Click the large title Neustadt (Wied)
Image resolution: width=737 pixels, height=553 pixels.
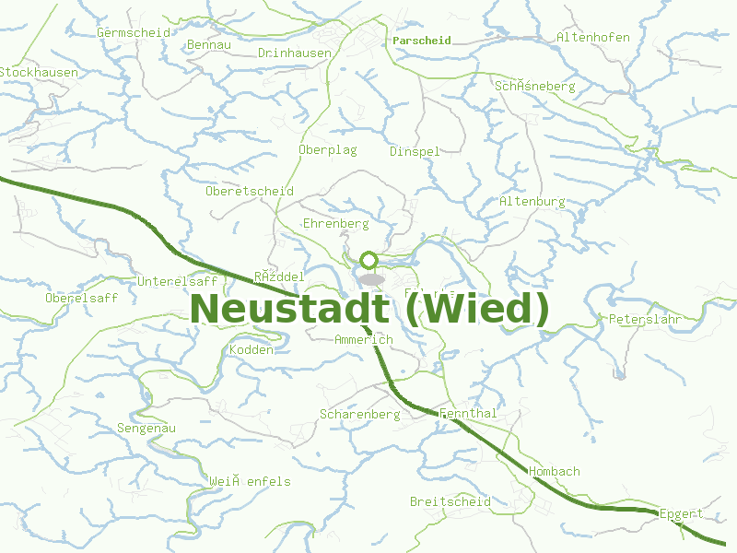(368, 309)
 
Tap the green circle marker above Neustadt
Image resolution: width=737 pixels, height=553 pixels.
(368, 261)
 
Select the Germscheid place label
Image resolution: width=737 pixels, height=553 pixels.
(134, 32)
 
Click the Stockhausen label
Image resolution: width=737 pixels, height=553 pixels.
(39, 72)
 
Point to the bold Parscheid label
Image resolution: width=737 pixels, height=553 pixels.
(421, 41)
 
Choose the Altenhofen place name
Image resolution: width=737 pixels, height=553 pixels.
(593, 38)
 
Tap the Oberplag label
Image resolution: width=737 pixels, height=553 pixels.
(327, 149)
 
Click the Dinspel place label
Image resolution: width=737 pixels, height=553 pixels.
(415, 151)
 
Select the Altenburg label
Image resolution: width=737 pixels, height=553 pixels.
(532, 201)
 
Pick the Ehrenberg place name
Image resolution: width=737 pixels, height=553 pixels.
(335, 224)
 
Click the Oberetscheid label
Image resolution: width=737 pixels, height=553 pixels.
(250, 192)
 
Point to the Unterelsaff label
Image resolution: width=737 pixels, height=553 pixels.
(177, 281)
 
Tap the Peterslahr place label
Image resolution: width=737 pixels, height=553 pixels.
(645, 320)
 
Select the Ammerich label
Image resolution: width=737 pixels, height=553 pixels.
(363, 340)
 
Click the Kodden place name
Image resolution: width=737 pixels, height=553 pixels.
(251, 350)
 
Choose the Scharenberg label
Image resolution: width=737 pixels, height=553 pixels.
(359, 415)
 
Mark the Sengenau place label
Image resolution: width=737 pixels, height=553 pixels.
(146, 429)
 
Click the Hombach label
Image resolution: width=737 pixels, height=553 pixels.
(555, 472)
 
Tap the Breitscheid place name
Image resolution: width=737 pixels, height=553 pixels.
(450, 502)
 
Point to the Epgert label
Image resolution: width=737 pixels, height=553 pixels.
(681, 514)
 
